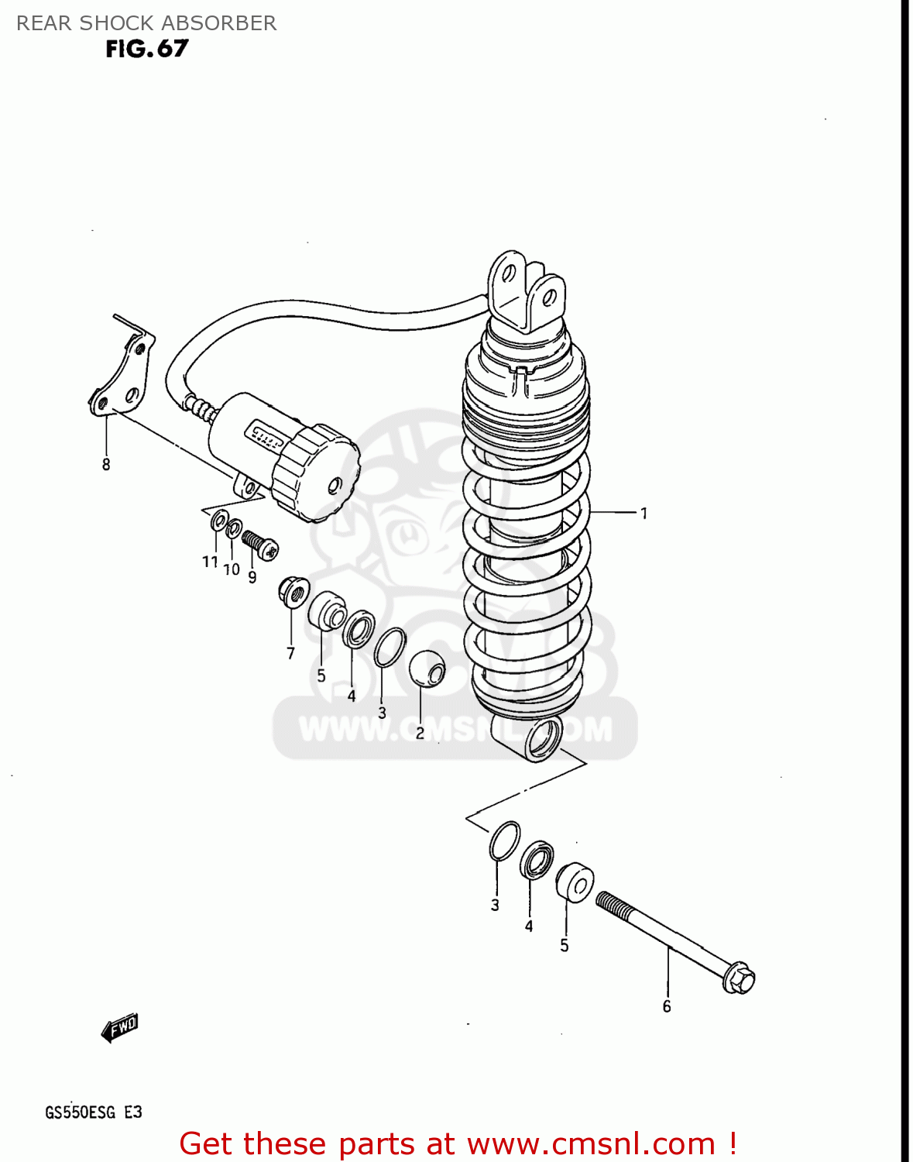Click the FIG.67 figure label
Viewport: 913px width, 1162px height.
[147, 49]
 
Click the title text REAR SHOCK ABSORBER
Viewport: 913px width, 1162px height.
[146, 23]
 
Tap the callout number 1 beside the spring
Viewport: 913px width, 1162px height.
[643, 513]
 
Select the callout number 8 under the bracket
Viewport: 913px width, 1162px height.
[106, 465]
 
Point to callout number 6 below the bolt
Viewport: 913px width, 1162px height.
[667, 1006]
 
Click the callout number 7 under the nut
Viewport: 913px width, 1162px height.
[290, 653]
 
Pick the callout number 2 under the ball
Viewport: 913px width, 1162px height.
[420, 733]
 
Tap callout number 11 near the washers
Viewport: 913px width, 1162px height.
[210, 562]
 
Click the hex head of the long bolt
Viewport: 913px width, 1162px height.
[739, 978]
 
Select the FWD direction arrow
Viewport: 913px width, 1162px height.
[120, 1029]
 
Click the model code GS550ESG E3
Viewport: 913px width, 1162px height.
[94, 1112]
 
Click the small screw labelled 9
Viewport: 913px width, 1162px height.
[260, 544]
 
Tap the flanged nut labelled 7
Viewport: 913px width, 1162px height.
[293, 593]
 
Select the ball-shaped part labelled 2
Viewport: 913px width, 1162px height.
[427, 669]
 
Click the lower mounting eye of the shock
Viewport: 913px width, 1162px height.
[544, 739]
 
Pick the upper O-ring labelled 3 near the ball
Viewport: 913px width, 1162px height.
[390, 647]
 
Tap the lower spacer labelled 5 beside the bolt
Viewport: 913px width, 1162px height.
[575, 882]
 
